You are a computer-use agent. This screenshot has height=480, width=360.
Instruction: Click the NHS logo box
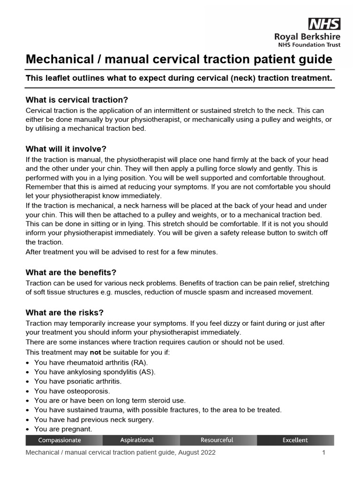point(324,23)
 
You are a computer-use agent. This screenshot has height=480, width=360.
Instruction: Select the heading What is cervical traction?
point(76,100)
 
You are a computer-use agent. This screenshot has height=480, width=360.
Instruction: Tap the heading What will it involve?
point(66,149)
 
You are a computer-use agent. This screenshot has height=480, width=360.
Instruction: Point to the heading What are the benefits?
point(71,272)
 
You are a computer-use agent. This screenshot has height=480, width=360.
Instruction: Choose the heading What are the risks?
point(64,313)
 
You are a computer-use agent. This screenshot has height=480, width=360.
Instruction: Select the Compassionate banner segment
point(60,440)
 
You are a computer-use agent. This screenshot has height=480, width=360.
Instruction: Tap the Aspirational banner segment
point(137,440)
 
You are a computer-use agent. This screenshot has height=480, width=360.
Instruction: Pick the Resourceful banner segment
point(217,440)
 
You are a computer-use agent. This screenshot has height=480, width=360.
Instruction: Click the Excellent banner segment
point(295,440)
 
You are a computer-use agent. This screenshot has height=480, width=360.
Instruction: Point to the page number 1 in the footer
point(323,453)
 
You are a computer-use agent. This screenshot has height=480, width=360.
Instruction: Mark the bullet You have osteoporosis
point(72,391)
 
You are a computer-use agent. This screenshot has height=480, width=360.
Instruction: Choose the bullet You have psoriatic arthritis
point(77,382)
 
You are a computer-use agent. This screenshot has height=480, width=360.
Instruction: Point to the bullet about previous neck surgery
point(94,420)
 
